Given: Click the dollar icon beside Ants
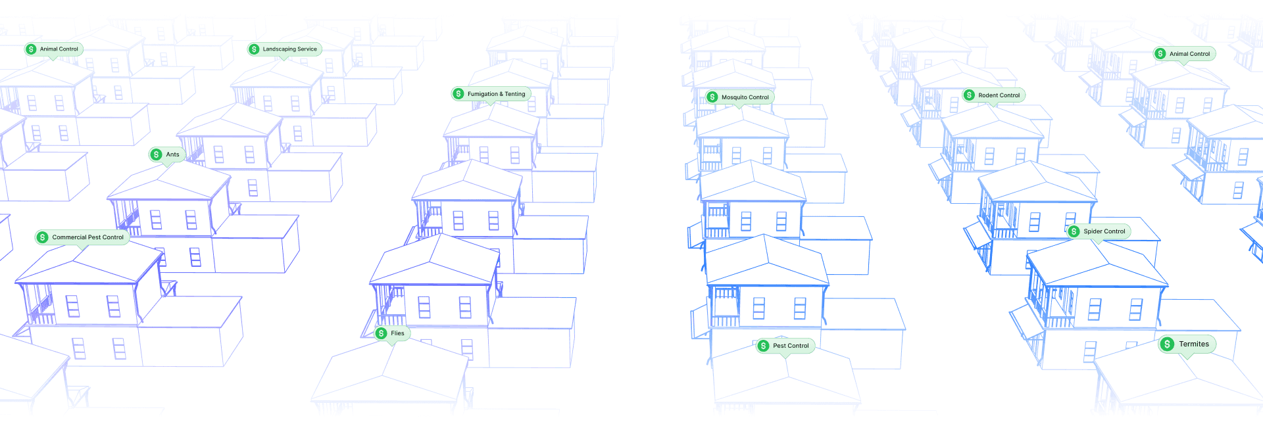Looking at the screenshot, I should pyautogui.click(x=156, y=154).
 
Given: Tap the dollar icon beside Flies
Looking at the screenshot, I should pyautogui.click(x=381, y=333).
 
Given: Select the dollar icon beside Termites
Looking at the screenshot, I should pyautogui.click(x=1167, y=344).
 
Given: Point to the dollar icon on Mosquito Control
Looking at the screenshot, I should pyautogui.click(x=712, y=97).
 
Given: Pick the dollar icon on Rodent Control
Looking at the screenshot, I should pyautogui.click(x=969, y=95).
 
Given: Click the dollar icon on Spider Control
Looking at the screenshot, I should pyautogui.click(x=1074, y=231).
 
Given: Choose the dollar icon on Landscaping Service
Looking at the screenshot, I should pyautogui.click(x=254, y=49).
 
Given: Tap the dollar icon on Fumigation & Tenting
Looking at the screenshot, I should pyautogui.click(x=458, y=94).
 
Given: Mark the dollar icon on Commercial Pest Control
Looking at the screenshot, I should pyautogui.click(x=43, y=237).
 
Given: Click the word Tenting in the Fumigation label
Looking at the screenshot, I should pyautogui.click(x=515, y=94).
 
